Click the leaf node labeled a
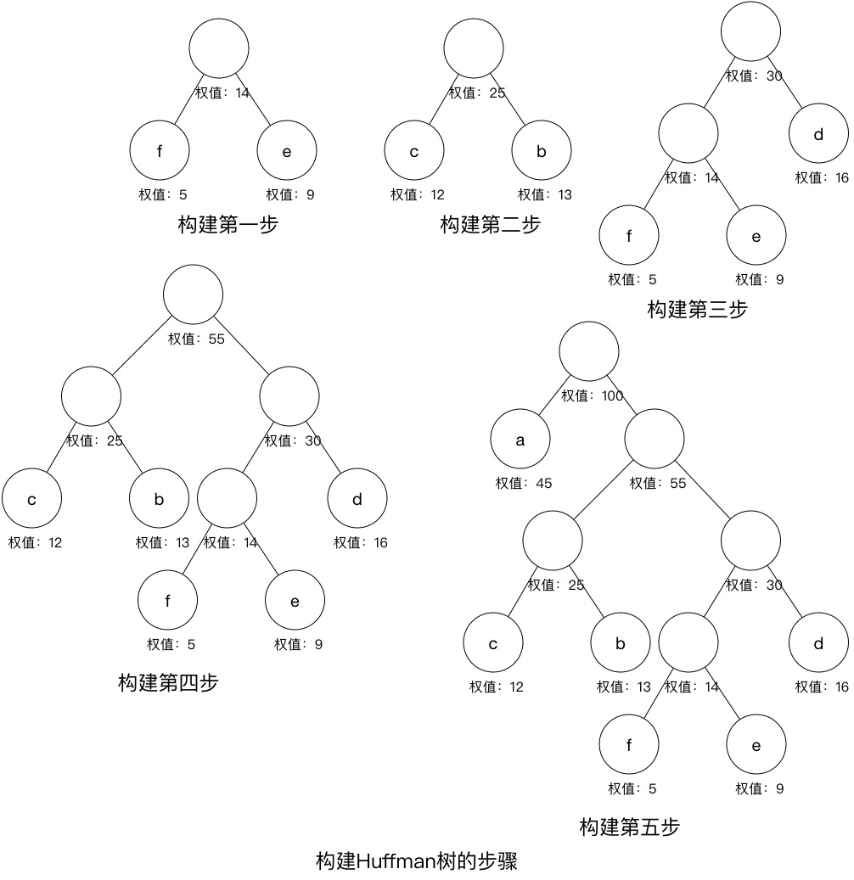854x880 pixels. pos(520,440)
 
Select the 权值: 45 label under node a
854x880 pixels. pos(524,484)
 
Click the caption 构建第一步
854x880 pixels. pos(228,225)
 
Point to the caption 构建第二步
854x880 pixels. pos(490,225)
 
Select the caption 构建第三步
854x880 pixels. pos(697,310)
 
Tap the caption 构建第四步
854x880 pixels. pos(168,682)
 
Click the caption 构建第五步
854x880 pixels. pos(629,827)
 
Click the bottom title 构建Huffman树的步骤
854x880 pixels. pos(416,861)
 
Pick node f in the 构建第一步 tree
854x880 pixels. pos(160,152)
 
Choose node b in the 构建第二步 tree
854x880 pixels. pos(542,152)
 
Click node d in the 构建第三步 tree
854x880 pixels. pos(818,134)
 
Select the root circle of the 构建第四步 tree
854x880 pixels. pos(194,294)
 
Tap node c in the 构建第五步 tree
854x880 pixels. pos(493,643)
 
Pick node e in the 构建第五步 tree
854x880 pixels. pos(756,745)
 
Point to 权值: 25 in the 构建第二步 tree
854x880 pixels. pos(476,93)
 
